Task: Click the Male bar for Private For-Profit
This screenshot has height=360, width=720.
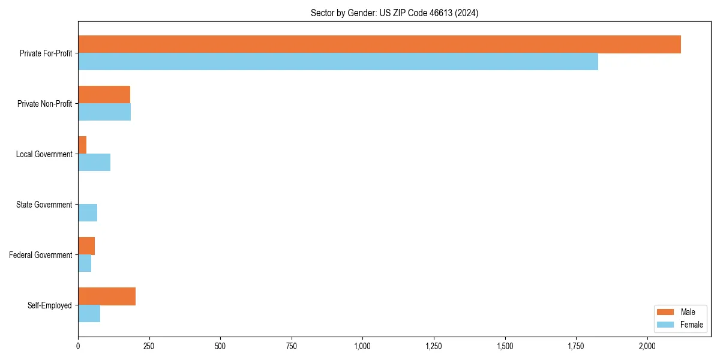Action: click(x=379, y=44)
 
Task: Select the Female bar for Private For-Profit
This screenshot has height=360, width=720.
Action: click(x=338, y=62)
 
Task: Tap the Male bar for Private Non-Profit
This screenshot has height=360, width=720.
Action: click(x=104, y=95)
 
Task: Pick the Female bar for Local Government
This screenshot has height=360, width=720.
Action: click(x=94, y=163)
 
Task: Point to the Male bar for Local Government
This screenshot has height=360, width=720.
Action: click(x=82, y=145)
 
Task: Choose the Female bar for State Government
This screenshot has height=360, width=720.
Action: click(x=88, y=213)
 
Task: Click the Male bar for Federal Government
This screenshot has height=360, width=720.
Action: click(x=86, y=246)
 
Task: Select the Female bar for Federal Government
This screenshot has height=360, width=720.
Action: click(x=85, y=263)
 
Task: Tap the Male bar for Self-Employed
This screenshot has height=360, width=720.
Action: click(x=107, y=296)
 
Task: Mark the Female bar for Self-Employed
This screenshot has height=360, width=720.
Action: click(x=89, y=314)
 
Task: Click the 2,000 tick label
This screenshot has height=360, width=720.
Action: click(x=647, y=346)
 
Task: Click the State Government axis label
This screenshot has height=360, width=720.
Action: click(x=44, y=205)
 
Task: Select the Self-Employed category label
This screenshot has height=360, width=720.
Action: click(x=49, y=305)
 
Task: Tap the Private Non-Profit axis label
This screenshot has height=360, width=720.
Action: click(x=44, y=104)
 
